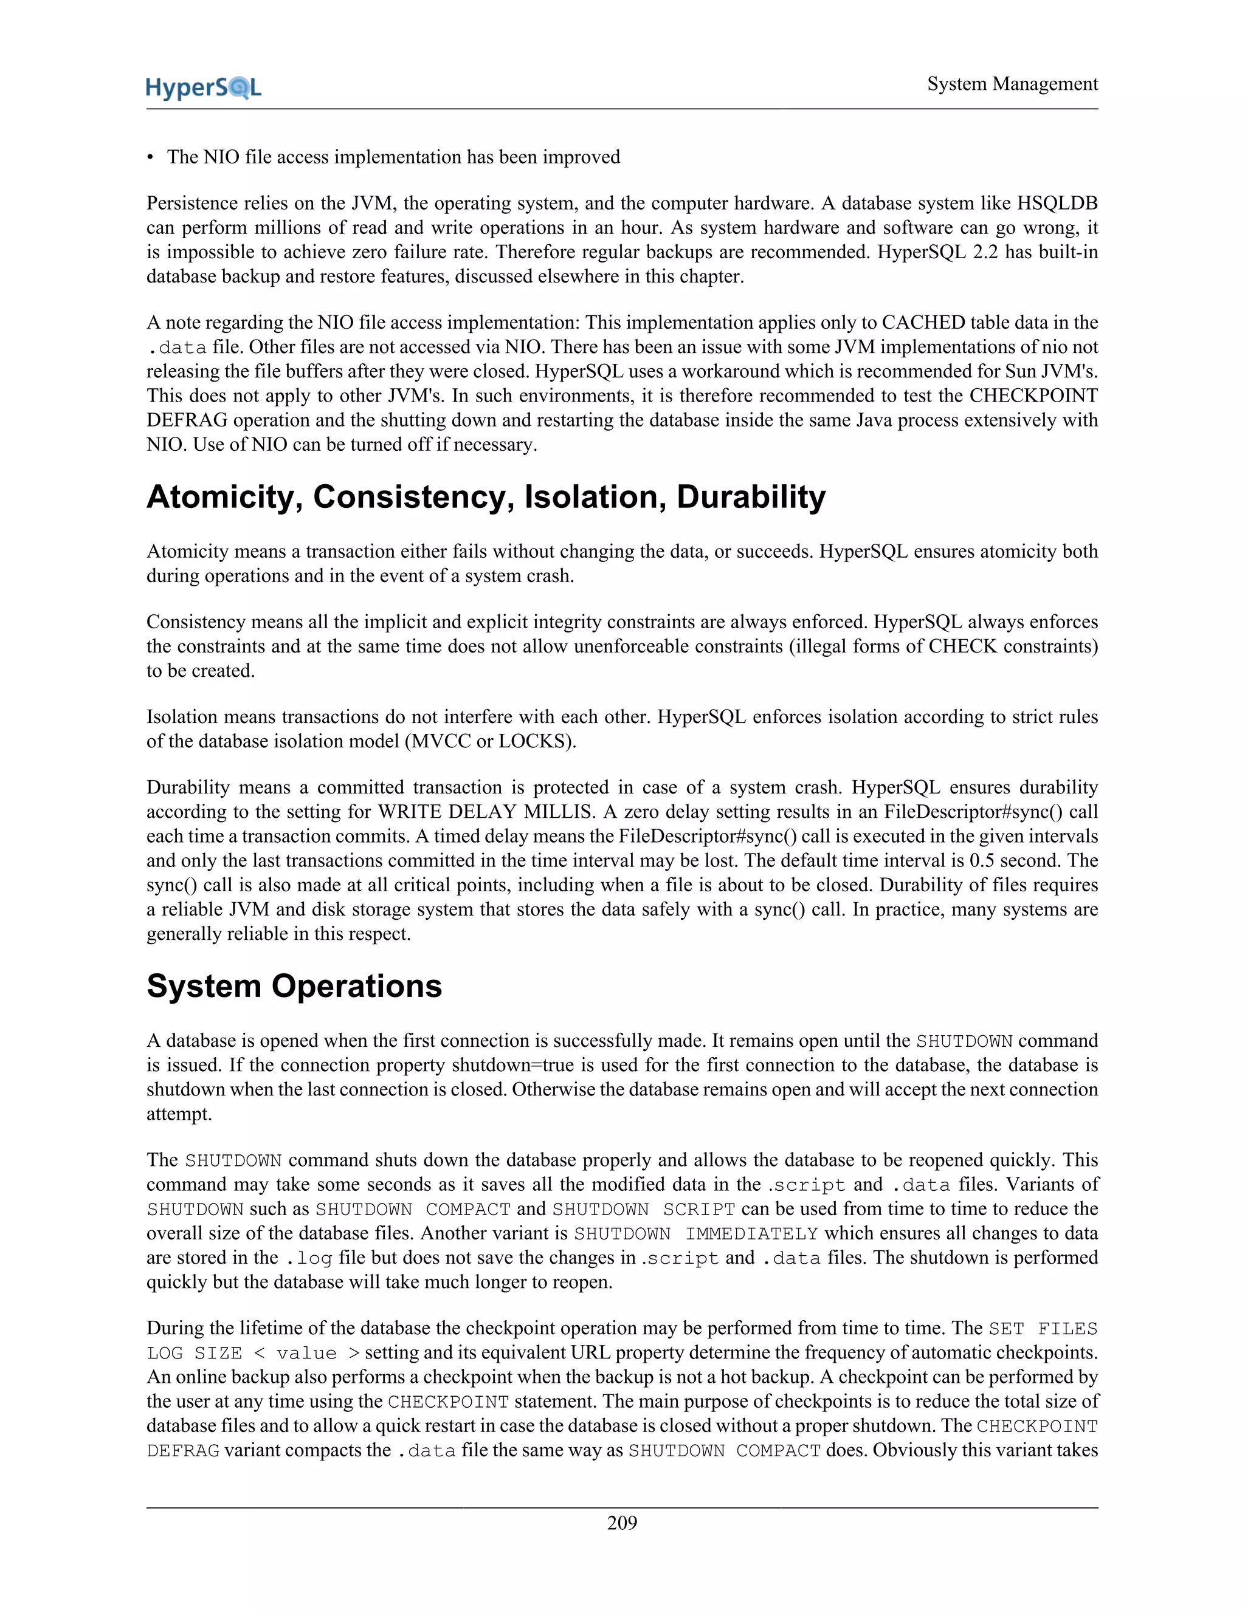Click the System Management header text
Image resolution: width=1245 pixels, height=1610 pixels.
pyautogui.click(x=1012, y=84)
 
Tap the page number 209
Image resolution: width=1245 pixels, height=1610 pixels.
pyautogui.click(x=622, y=1523)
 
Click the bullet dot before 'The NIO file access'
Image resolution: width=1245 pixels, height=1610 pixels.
pyautogui.click(x=151, y=158)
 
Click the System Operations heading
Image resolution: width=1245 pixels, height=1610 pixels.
pyautogui.click(x=294, y=986)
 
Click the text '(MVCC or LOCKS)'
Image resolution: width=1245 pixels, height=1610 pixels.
pyautogui.click(x=491, y=741)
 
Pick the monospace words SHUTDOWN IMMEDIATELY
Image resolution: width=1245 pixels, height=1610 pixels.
pyautogui.click(x=695, y=1233)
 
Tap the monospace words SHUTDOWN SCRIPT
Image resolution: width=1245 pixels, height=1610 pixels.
pyautogui.click(x=643, y=1209)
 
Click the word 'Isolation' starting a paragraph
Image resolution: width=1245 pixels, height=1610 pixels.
pyautogui.click(x=181, y=716)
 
